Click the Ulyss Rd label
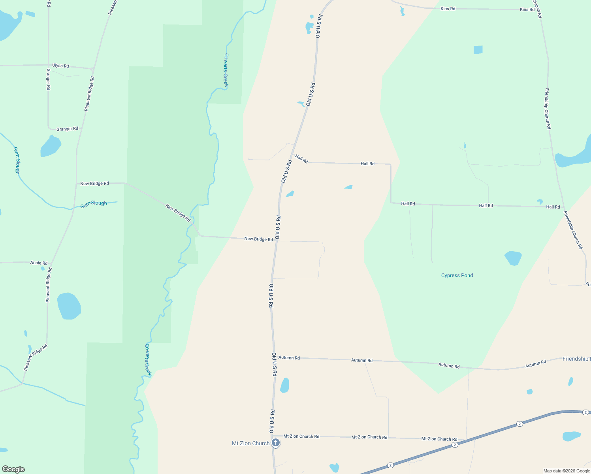(x=60, y=66)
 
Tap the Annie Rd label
(x=39, y=263)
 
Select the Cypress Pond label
(x=457, y=275)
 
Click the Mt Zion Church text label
(x=250, y=443)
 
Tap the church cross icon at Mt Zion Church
(x=276, y=443)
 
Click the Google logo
(x=13, y=469)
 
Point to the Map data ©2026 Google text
(x=567, y=471)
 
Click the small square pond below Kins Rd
(x=478, y=50)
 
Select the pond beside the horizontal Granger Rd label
(x=51, y=146)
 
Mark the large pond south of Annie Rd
(x=69, y=306)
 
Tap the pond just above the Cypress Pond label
(x=513, y=258)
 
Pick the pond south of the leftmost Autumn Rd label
(x=284, y=386)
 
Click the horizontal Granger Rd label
(x=67, y=129)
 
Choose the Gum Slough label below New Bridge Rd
(x=94, y=204)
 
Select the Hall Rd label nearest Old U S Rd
(x=301, y=159)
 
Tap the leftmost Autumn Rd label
(x=289, y=357)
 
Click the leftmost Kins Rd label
(x=448, y=9)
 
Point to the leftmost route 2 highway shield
(x=390, y=465)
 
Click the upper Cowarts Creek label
(x=226, y=70)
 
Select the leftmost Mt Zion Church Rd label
(x=301, y=436)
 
